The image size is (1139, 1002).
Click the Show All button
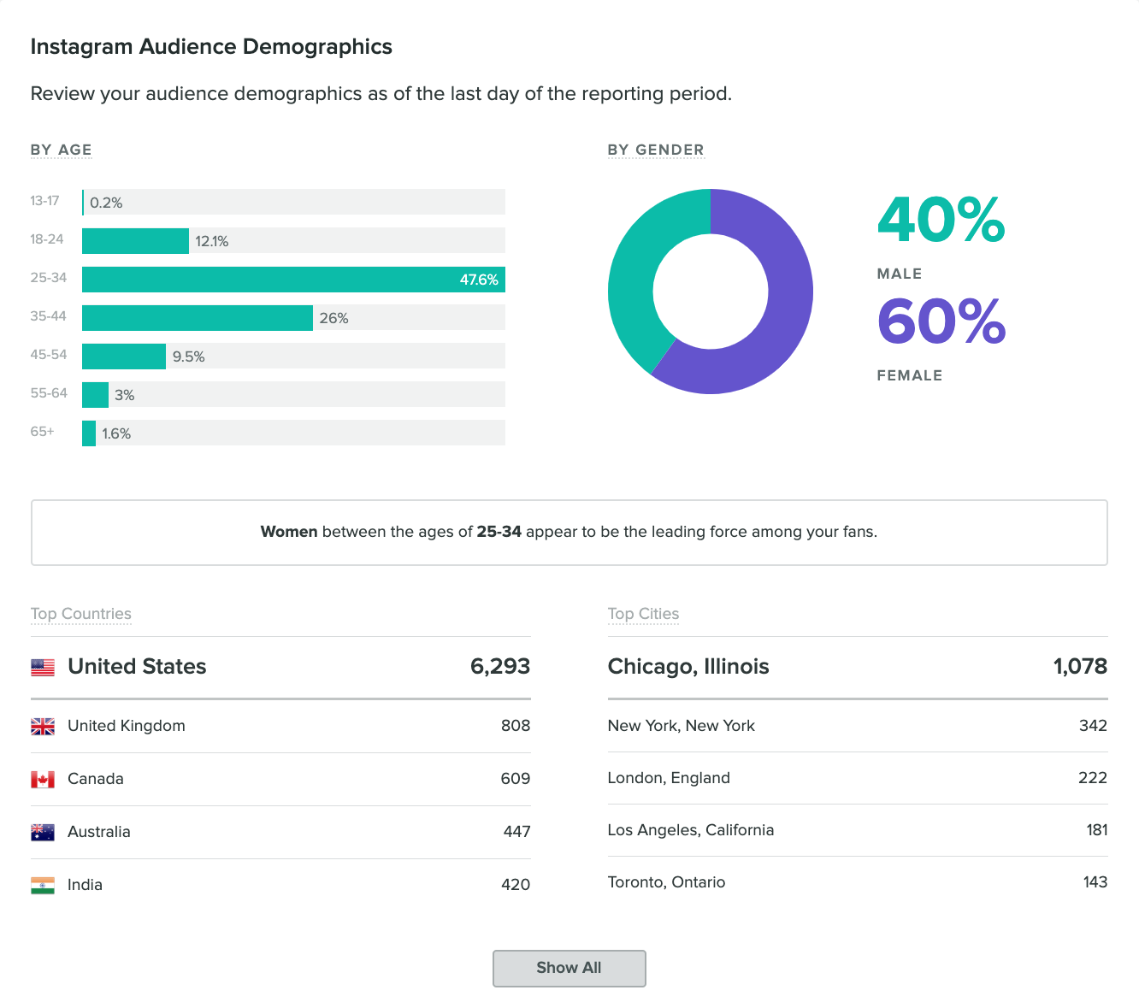pos(569,968)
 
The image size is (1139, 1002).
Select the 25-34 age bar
pos(293,280)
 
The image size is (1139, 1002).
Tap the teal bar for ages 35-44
pos(197,318)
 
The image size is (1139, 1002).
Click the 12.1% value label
pos(211,241)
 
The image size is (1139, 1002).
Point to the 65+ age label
pos(42,432)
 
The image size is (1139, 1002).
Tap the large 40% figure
pos(941,221)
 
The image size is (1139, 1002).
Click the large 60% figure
pos(941,321)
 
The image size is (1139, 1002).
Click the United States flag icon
pos(43,667)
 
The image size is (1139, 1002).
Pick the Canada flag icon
pos(43,779)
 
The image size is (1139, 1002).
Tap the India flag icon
pos(43,885)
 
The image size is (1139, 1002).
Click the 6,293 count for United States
pos(500,667)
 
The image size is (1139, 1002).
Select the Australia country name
pos(99,832)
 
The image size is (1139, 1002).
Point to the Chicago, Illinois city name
pos(688,667)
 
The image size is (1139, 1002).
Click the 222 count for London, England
pos(1092,778)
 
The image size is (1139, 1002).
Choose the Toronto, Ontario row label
pos(666,882)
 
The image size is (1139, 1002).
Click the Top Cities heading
pos(643,614)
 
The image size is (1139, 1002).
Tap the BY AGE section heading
pos(61,150)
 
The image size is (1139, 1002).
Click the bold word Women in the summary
pos(289,532)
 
